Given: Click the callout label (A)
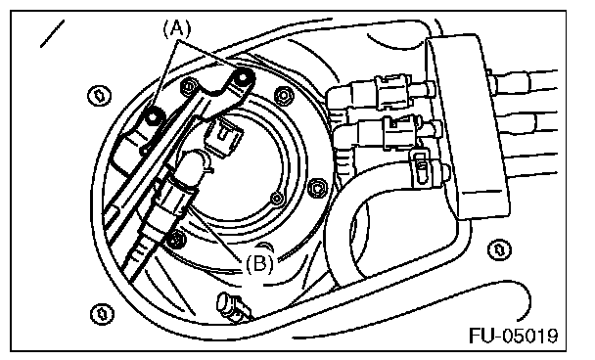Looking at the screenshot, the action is tap(177, 29).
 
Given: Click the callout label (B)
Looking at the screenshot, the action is tap(259, 263).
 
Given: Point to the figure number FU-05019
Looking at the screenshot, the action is tap(514, 335).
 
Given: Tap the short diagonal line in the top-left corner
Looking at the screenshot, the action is tap(52, 34).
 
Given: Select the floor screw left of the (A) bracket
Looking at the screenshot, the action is tap(100, 96).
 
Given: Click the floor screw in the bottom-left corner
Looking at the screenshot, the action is tap(102, 314).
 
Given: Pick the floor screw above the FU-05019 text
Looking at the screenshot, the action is tap(499, 249).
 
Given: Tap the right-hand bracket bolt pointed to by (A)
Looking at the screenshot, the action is tap(242, 77).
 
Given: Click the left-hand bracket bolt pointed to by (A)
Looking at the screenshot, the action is tap(153, 116).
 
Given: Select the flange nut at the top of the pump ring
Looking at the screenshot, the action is tap(284, 95).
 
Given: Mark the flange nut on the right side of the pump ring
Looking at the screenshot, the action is tap(316, 188).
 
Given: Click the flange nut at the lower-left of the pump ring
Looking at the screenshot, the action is tap(175, 239).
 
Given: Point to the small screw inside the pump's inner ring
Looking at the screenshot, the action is tap(276, 198).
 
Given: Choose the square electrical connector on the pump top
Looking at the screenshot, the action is tap(224, 136).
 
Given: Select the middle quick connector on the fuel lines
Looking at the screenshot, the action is tap(400, 132).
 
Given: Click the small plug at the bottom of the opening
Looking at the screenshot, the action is tap(233, 306).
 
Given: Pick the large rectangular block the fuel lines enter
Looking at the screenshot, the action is tap(467, 127).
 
